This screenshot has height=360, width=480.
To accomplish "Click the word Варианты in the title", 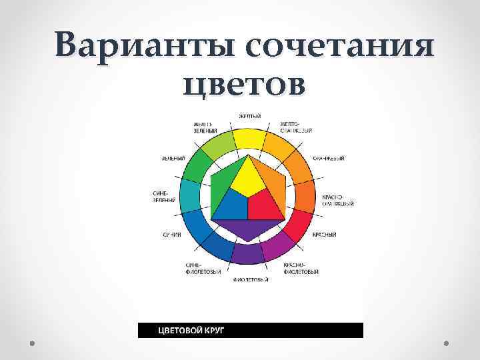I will tap(143, 47).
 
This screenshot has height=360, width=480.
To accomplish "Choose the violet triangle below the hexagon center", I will tap(247, 230).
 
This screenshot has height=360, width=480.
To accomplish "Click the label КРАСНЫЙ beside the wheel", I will tap(324, 235).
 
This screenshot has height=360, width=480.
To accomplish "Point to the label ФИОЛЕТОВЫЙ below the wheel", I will tap(251, 280).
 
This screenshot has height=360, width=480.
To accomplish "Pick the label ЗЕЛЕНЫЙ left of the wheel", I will tap(173, 158).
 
